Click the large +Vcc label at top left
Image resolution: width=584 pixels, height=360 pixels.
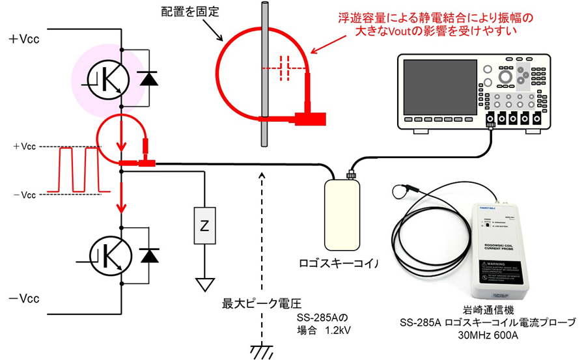[x=24, y=38]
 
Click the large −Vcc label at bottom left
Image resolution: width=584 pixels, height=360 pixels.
[x=24, y=299]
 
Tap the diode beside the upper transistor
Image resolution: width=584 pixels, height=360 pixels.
[x=150, y=78]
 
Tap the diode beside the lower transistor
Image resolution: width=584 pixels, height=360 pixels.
[x=150, y=256]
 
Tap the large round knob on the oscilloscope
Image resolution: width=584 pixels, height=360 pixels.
[x=505, y=76]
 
